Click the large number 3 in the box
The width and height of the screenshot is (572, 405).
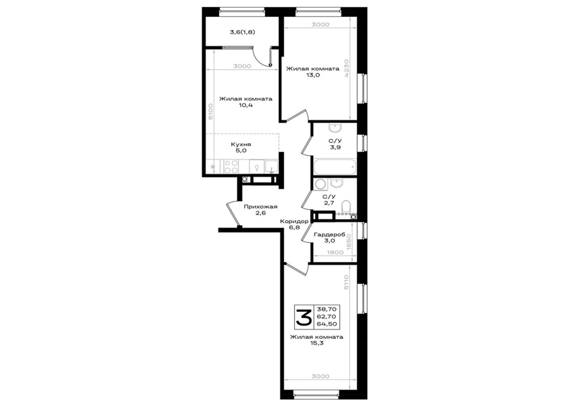point(303,317)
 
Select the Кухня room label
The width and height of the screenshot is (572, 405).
point(241,144)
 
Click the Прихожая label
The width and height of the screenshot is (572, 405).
point(261,207)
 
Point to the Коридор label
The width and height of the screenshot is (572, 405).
point(294,221)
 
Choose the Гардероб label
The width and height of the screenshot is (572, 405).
point(329,234)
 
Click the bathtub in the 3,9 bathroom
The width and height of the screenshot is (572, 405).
point(335,167)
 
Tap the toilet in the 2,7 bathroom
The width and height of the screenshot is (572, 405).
point(346,206)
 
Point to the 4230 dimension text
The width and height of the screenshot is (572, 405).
point(346,68)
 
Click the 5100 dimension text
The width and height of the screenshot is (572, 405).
point(210,111)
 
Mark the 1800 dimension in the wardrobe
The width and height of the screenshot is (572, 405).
point(335,252)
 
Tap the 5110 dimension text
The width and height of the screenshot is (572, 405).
point(346,282)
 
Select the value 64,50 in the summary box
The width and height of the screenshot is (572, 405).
point(327,324)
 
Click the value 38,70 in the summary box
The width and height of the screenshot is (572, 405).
point(327,309)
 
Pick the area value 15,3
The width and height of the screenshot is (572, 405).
point(317,343)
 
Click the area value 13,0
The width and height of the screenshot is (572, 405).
point(313,75)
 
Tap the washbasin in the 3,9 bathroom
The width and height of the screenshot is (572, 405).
point(335,128)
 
